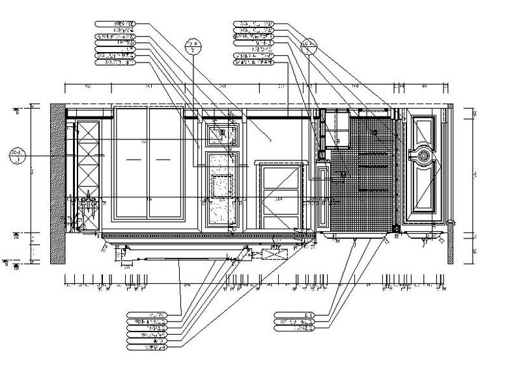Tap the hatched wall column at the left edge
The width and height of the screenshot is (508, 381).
57,182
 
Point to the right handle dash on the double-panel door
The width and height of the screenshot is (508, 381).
163,159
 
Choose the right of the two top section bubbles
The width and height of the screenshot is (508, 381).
308,46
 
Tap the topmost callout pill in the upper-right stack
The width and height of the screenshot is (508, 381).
254,23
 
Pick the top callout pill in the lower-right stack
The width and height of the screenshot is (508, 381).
295,315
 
